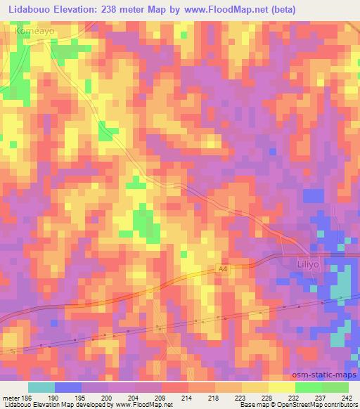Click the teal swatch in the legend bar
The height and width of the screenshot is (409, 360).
point(41,387)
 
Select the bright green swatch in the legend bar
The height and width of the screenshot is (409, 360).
point(308,387)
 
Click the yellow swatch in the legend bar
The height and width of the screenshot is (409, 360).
point(281,387)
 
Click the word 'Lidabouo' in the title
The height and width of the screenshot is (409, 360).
point(29,9)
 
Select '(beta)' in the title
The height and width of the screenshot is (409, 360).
point(281,9)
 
